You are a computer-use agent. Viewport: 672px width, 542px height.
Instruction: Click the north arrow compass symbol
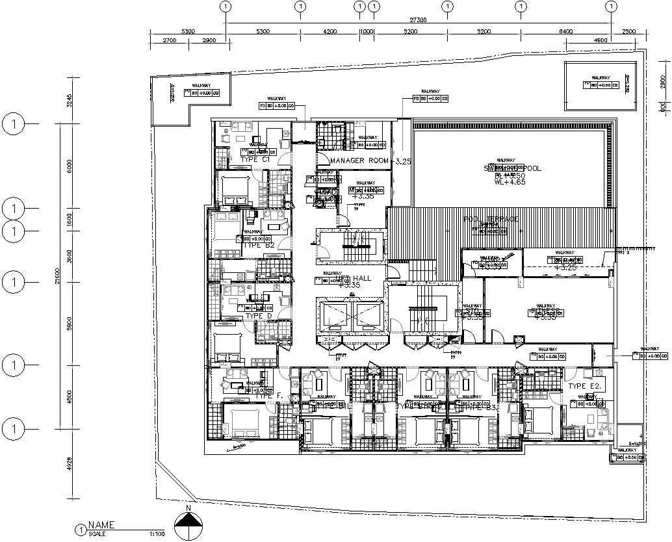point(188,523)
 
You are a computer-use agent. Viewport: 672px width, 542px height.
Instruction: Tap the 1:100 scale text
point(157,534)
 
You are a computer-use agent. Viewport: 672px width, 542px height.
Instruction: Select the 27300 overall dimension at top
point(418,20)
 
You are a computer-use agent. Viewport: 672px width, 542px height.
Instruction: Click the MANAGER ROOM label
point(359,161)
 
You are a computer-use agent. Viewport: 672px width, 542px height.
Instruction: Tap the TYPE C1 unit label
point(255,159)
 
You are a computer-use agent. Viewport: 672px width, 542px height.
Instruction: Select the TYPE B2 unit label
point(258,245)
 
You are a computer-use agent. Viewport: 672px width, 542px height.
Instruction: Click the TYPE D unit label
point(258,316)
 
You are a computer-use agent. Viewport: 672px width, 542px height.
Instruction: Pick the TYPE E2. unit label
point(586,386)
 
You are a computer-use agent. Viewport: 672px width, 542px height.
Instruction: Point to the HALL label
point(361,277)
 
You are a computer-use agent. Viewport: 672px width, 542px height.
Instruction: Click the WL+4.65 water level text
point(509,183)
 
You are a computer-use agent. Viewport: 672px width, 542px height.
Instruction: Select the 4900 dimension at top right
point(600,40)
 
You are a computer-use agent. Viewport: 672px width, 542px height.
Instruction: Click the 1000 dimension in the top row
point(367,31)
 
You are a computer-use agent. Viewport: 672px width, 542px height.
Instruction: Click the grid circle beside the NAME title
point(80,530)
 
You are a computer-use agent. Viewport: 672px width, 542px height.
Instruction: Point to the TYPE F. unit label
point(268,395)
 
